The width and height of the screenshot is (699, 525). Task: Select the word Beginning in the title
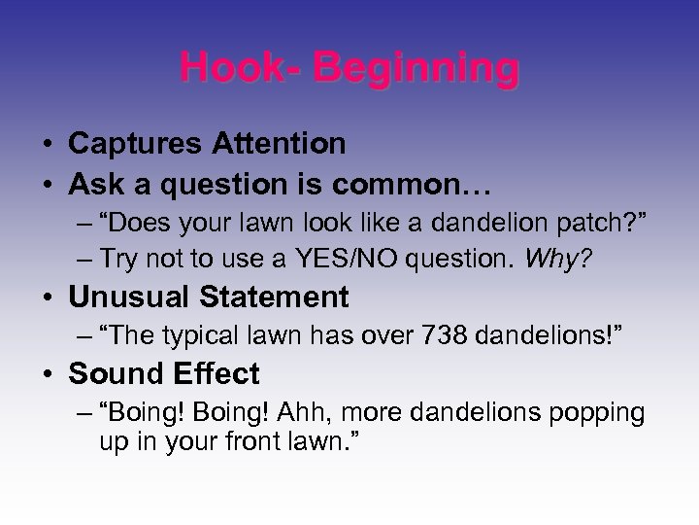click(x=418, y=69)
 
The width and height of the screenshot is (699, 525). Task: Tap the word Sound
click(x=111, y=374)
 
